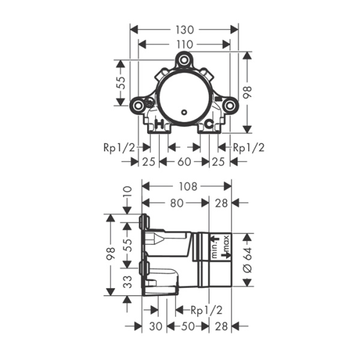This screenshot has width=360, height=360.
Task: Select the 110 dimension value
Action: (185, 44)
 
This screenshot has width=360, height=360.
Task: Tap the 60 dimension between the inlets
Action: (184, 161)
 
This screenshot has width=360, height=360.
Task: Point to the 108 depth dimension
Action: (188, 187)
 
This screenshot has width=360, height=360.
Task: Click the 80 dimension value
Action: (176, 203)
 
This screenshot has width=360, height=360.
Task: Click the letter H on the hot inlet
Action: (160, 124)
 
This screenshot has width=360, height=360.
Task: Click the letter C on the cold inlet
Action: (209, 124)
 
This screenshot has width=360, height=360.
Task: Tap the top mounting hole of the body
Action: (184, 61)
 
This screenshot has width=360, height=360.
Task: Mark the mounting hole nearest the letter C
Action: (229, 106)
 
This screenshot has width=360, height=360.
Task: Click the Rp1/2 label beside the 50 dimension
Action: (206, 310)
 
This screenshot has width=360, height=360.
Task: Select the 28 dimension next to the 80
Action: (221, 203)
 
